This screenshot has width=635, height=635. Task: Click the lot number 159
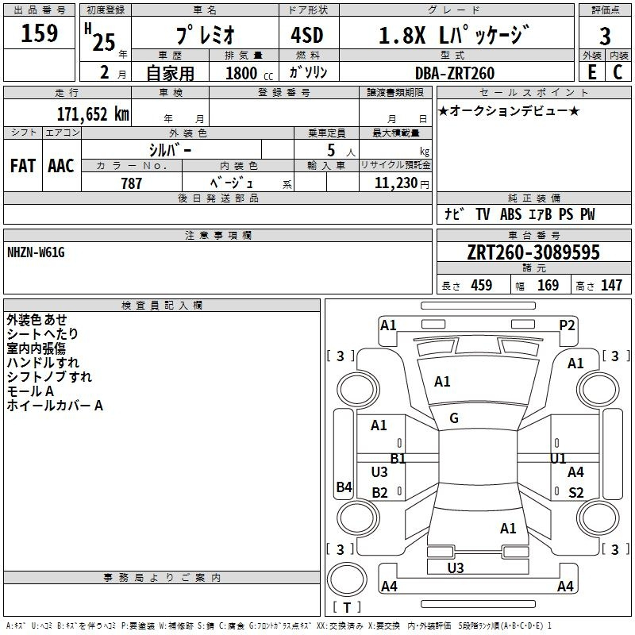click(39, 33)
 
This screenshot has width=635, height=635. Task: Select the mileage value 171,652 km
click(93, 114)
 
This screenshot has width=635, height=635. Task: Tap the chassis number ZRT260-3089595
click(533, 252)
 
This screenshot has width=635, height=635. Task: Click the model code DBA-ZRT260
click(455, 73)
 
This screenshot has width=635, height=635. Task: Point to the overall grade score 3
click(605, 37)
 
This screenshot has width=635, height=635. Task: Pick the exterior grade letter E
click(592, 72)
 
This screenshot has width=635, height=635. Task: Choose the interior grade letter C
click(618, 72)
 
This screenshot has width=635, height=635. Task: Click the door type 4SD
click(307, 35)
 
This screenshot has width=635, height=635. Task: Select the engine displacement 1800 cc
click(249, 73)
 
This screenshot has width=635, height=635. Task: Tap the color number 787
click(132, 183)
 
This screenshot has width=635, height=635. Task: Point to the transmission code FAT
click(23, 166)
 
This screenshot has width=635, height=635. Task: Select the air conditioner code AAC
click(61, 166)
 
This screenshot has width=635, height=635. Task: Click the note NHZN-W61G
click(36, 252)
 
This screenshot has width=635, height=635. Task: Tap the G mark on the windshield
click(454, 418)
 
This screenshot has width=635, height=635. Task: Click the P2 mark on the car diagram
click(567, 325)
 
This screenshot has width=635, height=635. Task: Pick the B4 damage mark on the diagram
click(344, 487)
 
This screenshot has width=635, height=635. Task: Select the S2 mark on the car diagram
click(576, 492)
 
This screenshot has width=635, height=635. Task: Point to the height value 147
click(611, 285)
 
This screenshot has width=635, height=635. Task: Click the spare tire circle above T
click(347, 579)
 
